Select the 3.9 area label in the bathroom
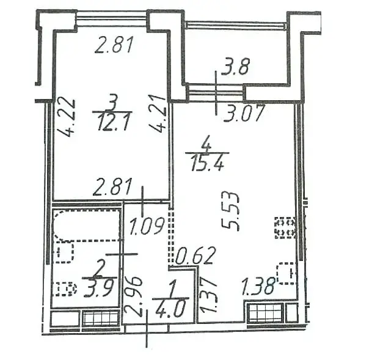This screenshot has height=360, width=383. coord(98,289)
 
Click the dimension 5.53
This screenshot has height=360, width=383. coord(230,211)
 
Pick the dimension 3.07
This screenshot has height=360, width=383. coord(244,113)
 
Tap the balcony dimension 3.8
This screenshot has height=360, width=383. coord(235,67)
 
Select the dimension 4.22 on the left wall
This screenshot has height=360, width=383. coord(67,117)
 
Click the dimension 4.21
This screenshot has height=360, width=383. coord(158,114)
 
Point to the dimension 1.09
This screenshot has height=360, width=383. coord(147,227)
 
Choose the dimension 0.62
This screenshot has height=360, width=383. coord(196,255)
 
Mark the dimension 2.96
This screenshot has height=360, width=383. coord(133,297)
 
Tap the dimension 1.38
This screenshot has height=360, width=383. coord(258,287)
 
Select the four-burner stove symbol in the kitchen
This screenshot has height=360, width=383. coord(285,227)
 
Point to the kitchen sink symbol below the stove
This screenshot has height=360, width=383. coord(286,273)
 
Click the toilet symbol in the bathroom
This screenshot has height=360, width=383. coord(65,289)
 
